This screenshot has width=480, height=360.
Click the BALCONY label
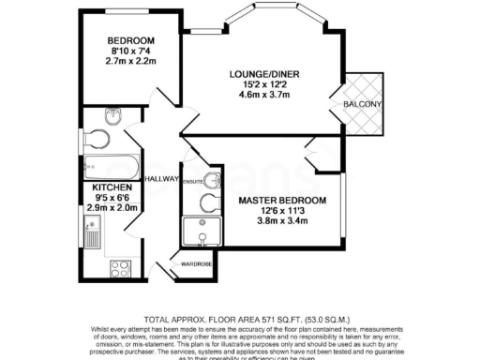362,104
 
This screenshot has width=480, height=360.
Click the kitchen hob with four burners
120,269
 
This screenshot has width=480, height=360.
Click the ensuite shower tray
202,233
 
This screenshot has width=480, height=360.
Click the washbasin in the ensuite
215,179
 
